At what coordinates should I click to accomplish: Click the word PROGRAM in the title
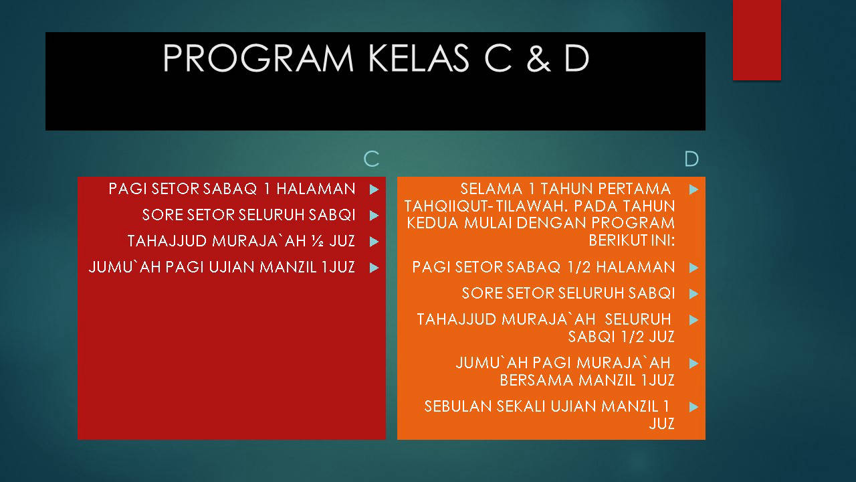pos(258,58)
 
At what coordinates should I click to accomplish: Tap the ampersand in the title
pos(538,58)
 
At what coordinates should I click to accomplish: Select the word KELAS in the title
pos(419,58)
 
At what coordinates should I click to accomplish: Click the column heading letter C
pos(371,159)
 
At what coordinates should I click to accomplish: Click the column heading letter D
pos(691,159)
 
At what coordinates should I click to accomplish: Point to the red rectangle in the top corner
pos(756,40)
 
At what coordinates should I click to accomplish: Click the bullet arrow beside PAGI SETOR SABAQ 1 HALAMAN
pos(374,189)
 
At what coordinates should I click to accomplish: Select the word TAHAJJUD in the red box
pos(167,242)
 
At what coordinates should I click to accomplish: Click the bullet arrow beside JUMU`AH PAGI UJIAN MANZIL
pos(374,267)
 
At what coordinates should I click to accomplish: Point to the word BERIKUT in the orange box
pos(613,240)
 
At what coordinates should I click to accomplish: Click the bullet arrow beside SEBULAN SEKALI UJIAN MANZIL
pos(694,407)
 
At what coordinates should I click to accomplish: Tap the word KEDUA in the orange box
pos(432,223)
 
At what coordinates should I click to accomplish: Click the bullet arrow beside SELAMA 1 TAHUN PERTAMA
pos(694,189)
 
